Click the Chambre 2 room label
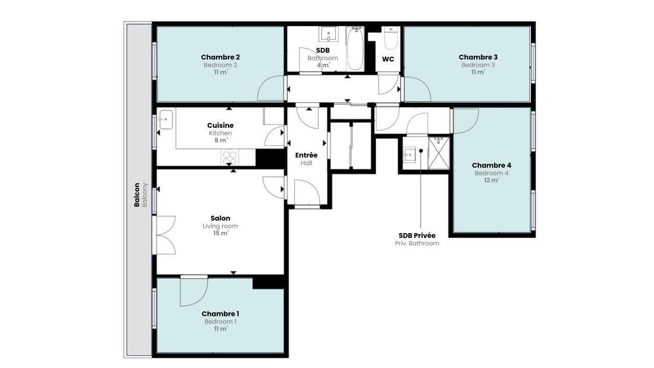click(x=220, y=57)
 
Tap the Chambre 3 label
click(x=478, y=57)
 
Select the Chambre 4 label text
click(x=492, y=165)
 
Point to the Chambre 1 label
click(x=220, y=314)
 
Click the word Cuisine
click(x=220, y=125)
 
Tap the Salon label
click(x=220, y=218)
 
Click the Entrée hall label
click(x=306, y=155)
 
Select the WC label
click(x=388, y=59)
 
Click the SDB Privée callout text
click(x=417, y=236)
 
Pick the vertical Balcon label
click(x=136, y=195)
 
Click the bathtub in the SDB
click(x=355, y=49)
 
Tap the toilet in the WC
click(x=391, y=38)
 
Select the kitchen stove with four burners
click(x=229, y=157)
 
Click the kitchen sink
click(x=166, y=120)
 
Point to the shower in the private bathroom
click(x=439, y=153)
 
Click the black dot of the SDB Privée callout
click(x=421, y=151)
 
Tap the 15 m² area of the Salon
click(x=221, y=233)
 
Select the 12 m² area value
click(x=492, y=180)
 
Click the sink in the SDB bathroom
click(x=329, y=34)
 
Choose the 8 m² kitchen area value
click(x=221, y=140)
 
